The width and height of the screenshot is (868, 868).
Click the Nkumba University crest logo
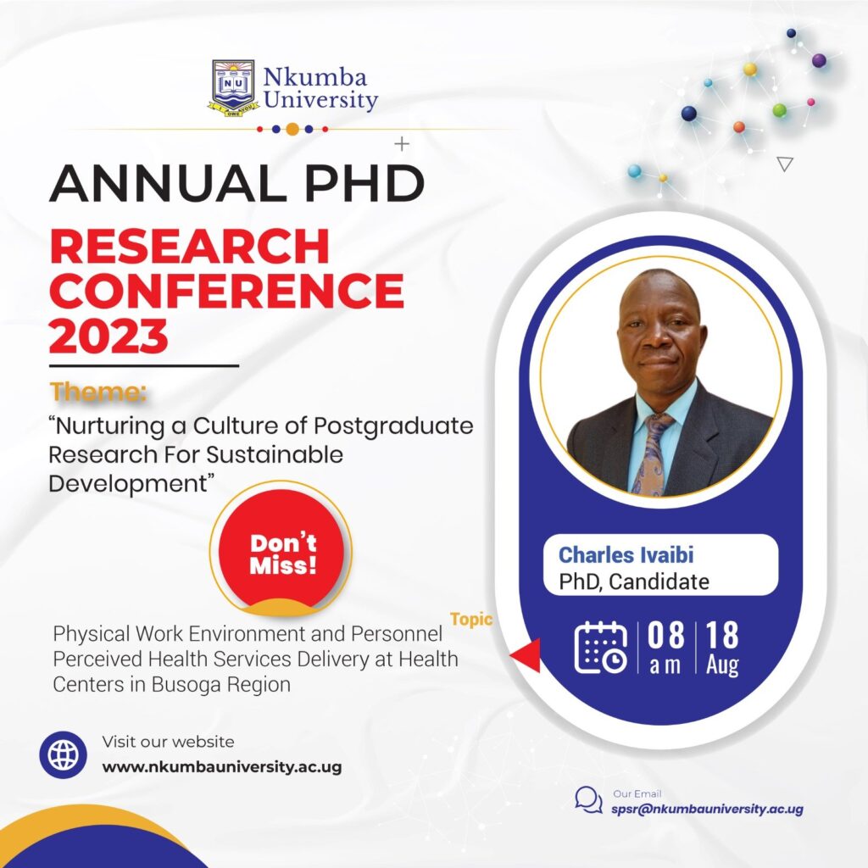point(234,88)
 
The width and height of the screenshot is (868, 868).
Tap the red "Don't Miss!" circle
point(282,549)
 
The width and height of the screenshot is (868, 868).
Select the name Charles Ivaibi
point(626,554)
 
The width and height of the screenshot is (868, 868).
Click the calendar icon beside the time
point(601,647)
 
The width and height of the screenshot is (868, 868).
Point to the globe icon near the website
point(63,754)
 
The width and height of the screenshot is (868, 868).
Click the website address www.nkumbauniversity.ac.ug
point(222,767)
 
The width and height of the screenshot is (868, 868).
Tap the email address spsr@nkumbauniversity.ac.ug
point(707,810)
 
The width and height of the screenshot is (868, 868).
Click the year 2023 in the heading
point(108,337)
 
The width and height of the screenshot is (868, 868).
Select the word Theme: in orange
point(98,392)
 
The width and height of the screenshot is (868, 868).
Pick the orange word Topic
point(471,620)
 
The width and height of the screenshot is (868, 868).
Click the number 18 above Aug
point(722,635)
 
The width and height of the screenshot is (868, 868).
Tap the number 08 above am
point(665,635)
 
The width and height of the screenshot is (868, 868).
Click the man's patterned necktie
point(654,454)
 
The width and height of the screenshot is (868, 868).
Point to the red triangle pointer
point(526,655)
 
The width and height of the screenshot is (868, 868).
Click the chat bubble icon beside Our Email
point(588,800)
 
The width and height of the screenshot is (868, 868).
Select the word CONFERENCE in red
point(227,291)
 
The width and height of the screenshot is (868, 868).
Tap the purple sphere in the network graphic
point(819,60)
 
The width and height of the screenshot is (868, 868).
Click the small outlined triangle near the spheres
point(785,164)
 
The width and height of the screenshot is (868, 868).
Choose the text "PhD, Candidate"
point(634,581)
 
